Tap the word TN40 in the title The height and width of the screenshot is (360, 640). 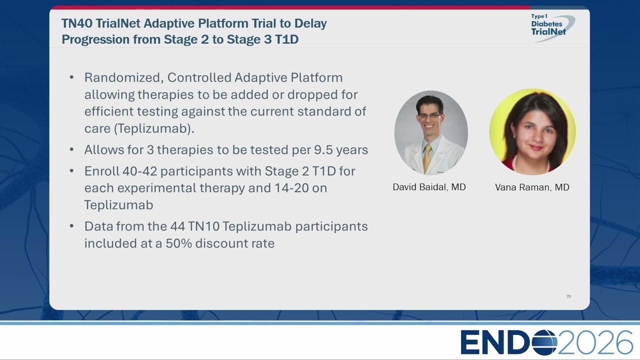coord(77,23)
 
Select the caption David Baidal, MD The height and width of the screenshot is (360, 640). coord(429,187)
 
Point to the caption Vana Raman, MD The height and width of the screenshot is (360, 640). coord(532,187)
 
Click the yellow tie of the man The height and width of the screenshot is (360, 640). coord(427,158)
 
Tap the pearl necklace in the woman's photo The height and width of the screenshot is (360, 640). coord(531,165)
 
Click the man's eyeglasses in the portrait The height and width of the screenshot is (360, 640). coord(430,116)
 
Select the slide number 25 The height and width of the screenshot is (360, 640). coord(568,296)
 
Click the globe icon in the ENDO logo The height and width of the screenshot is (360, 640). coord(544,342)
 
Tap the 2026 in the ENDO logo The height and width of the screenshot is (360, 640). coord(595,342)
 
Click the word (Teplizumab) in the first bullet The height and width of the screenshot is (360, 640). coord(154,128)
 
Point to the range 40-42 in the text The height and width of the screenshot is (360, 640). coord(139,171)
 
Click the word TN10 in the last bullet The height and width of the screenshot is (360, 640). coord(203,226)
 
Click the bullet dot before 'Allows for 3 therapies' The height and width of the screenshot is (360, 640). coord(71,149)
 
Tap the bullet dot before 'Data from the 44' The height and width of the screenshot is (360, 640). coord(71,226)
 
